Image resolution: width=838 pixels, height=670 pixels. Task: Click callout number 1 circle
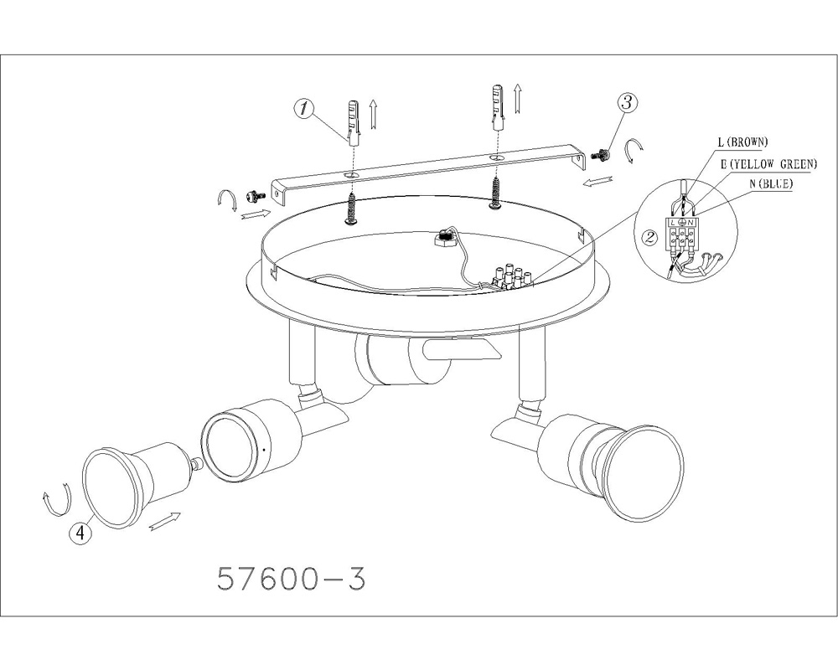pyautogui.click(x=303, y=110)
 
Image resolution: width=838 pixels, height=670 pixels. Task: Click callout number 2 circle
pyautogui.click(x=650, y=238)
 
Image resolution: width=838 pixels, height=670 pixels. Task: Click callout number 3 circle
pyautogui.click(x=628, y=102)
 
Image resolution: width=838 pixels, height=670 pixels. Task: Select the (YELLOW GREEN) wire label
pyautogui.click(x=773, y=164)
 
